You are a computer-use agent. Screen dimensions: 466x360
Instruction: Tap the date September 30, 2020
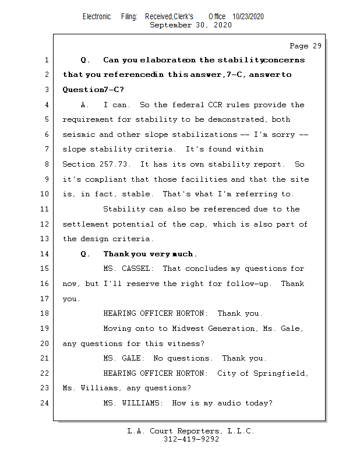[x=190, y=25]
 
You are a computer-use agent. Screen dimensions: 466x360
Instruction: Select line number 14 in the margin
[x=45, y=254]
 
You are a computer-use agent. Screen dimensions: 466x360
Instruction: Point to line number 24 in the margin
[x=45, y=403]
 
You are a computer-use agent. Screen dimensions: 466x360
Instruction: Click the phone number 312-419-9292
[x=191, y=440]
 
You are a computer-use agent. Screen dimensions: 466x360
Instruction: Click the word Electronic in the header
[x=97, y=16]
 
